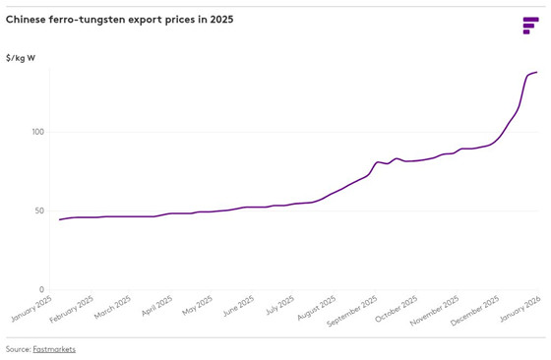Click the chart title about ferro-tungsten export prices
[x=120, y=20]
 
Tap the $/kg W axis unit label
[x=21, y=59]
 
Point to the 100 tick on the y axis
[x=37, y=132]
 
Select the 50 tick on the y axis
[x=39, y=210]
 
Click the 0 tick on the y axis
[x=41, y=290]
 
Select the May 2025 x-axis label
[x=197, y=308]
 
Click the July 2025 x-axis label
[x=278, y=308]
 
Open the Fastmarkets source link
[x=54, y=349]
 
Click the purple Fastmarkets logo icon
[x=529, y=26]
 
